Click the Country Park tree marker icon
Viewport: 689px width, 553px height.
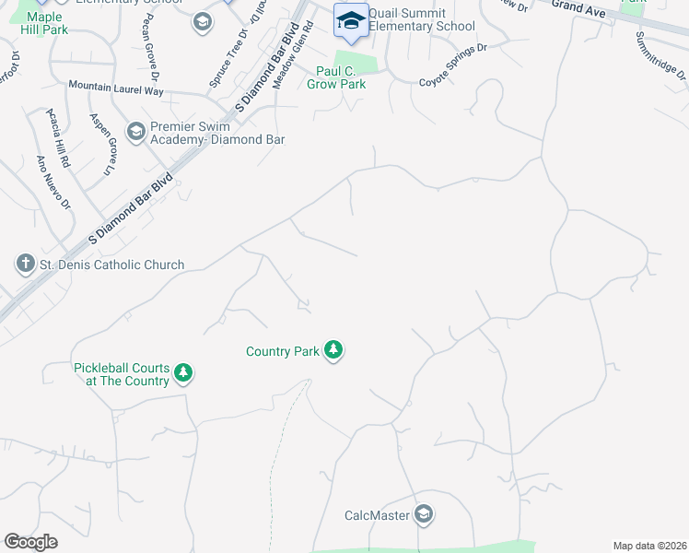click(x=333, y=350)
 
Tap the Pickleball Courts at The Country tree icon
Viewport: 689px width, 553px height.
click(x=184, y=372)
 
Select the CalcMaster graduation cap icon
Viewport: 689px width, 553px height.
click(x=424, y=514)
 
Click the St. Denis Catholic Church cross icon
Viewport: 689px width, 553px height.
click(x=25, y=265)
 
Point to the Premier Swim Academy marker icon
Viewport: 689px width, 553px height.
click(x=136, y=133)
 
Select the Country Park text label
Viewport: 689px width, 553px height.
click(x=282, y=351)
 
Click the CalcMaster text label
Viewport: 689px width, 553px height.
click(x=378, y=515)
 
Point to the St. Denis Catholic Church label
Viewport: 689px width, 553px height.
click(x=111, y=265)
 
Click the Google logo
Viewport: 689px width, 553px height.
click(x=30, y=542)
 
